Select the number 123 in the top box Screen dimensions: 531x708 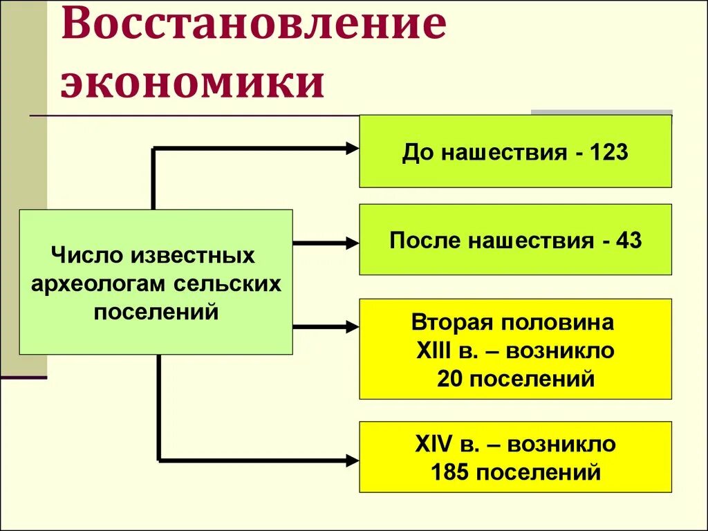[x=609, y=152]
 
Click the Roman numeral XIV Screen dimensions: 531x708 [x=433, y=443]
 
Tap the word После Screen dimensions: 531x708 [x=424, y=241]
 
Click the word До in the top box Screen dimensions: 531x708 [x=416, y=152]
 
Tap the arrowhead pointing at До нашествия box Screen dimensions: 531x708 [x=352, y=147]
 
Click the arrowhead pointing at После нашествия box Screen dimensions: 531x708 [x=352, y=243]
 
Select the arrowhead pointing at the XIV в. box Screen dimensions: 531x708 [x=352, y=459]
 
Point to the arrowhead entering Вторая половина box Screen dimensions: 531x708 [x=352, y=326]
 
